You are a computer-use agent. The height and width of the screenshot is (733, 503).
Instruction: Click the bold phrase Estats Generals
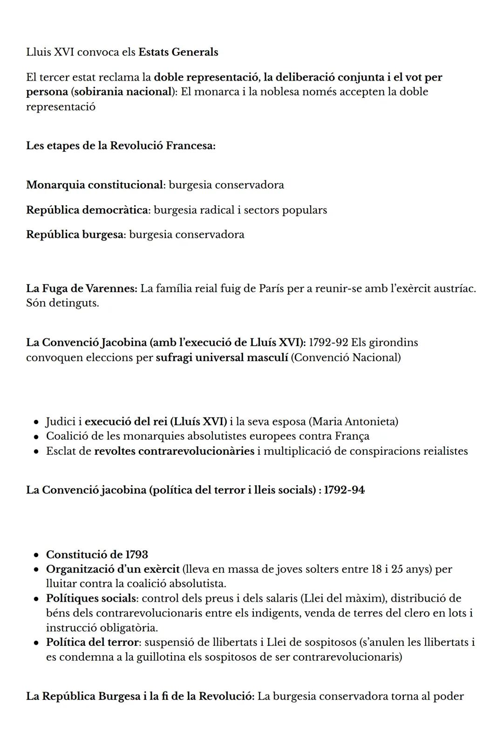click(x=178, y=52)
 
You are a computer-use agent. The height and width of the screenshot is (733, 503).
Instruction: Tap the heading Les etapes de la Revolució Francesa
click(x=121, y=145)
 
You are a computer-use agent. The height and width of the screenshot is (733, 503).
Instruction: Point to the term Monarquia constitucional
click(x=94, y=185)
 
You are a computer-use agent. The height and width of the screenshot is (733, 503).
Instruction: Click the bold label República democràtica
click(x=88, y=210)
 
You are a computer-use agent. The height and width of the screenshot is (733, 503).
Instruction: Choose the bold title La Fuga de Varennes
click(x=82, y=288)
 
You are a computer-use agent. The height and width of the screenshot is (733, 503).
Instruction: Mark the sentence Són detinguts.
click(x=62, y=303)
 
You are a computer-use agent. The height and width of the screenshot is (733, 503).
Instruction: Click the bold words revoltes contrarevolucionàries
click(x=174, y=451)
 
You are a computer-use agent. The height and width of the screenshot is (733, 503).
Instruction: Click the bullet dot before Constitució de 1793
click(x=36, y=555)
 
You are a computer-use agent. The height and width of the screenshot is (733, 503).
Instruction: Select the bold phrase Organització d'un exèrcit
click(x=112, y=569)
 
